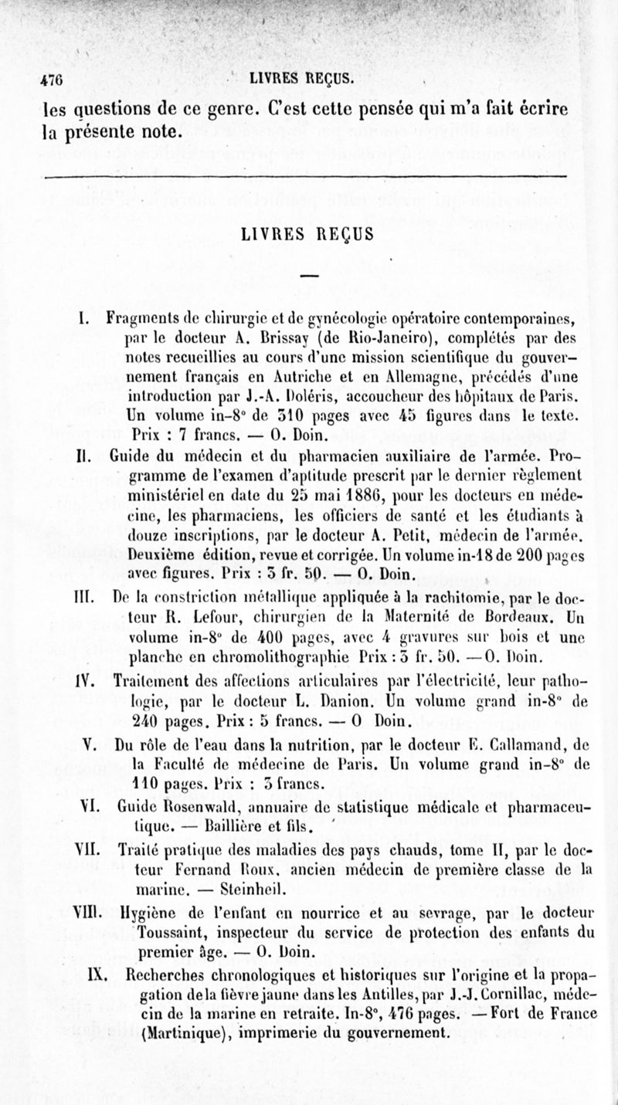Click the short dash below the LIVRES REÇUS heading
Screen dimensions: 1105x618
tap(309, 276)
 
